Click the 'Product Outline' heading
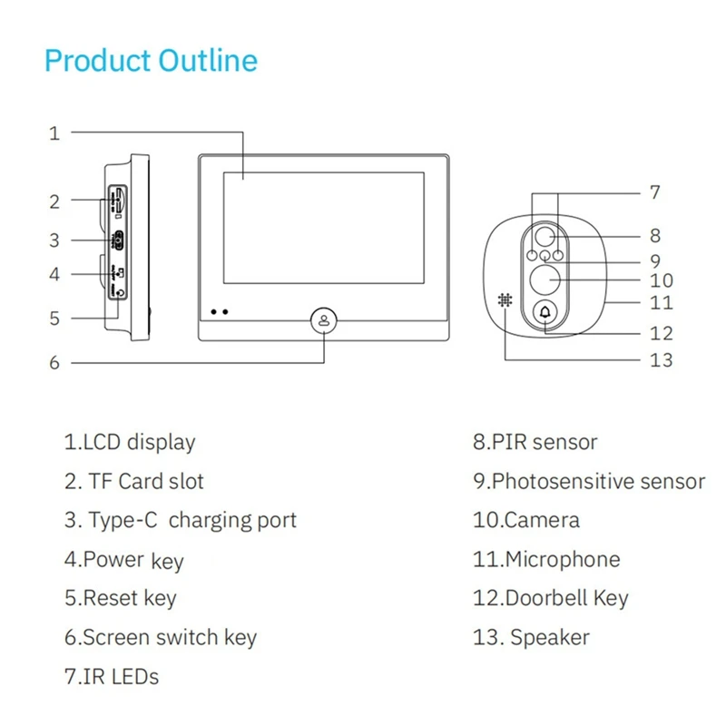click(x=151, y=61)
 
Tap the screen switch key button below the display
click(x=324, y=320)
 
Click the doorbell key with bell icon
click(x=545, y=312)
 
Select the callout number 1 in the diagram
click(x=54, y=132)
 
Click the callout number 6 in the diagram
click(x=54, y=362)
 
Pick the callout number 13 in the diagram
click(x=662, y=360)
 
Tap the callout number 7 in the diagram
click(x=655, y=192)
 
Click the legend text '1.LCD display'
click(x=129, y=443)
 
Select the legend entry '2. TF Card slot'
click(x=134, y=482)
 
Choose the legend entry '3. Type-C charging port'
click(x=180, y=521)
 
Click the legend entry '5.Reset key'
click(x=120, y=599)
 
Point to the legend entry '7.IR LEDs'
click(x=111, y=676)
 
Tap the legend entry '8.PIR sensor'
click(x=535, y=443)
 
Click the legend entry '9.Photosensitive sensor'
click(x=588, y=482)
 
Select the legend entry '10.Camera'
click(x=525, y=521)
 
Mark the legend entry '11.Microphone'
click(x=546, y=560)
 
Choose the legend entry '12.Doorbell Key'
click(x=550, y=599)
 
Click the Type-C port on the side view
click(x=117, y=240)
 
